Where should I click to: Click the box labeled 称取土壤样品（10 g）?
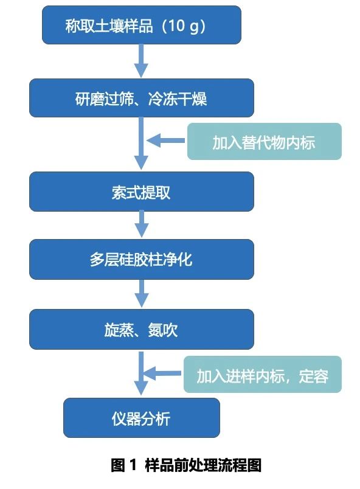pos(142,25)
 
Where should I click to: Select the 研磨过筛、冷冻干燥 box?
pos(142,98)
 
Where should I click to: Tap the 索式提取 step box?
pos(142,192)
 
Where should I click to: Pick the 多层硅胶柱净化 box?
pos(142,259)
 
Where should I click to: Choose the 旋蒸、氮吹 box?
pos(142,329)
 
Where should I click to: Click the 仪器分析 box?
pos(142,418)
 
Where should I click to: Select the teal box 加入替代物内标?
pos(265,141)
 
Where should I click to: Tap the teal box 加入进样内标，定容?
pos(263,374)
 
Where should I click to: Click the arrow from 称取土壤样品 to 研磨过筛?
pos(141,61)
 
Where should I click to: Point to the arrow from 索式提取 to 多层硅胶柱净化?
pos(142,224)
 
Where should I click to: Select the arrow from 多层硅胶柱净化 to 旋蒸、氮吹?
pos(142,294)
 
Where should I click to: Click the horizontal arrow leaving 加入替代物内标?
pos(167,140)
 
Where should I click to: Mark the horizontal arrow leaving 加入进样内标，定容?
pos(163,373)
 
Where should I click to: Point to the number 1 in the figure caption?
pos(133,465)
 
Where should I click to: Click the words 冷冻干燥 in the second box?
pos(178,99)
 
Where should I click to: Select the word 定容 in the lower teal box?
pos(314,376)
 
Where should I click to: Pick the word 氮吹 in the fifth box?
pos(163,330)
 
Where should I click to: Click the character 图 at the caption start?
pos(118,465)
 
